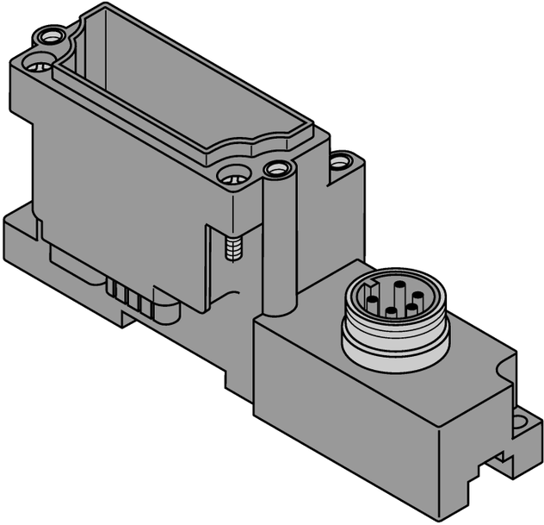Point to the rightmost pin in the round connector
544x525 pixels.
pyautogui.click(x=417, y=298)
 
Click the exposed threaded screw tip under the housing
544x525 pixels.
pyautogui.click(x=231, y=249)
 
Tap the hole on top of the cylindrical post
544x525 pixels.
pyautogui.click(x=276, y=168)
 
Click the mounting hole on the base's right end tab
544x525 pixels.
pyautogui.click(x=520, y=423)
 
